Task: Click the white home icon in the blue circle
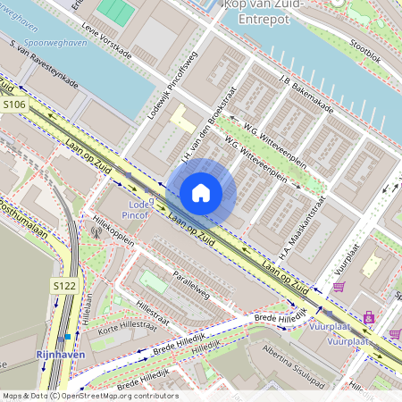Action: tap(201, 192)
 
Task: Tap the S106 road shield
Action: tap(15, 105)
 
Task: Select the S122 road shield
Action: tap(63, 285)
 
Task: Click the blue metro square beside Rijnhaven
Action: tap(68, 337)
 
